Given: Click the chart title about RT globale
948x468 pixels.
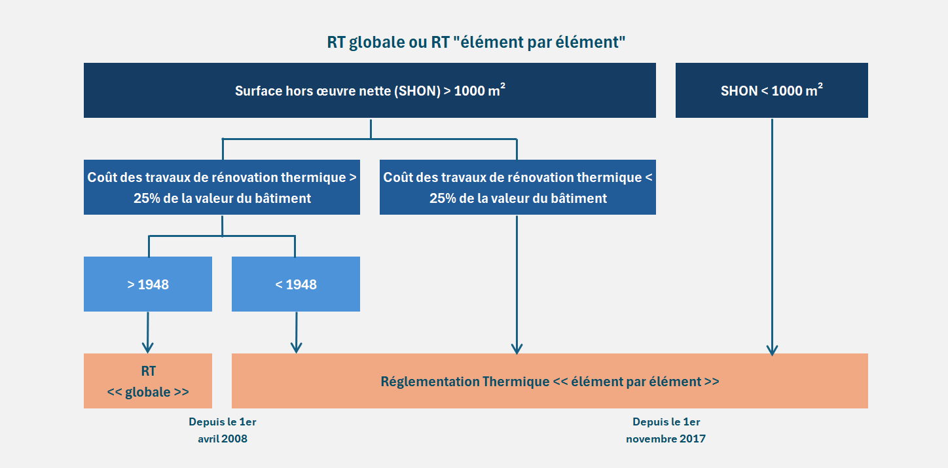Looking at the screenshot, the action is pos(476,43).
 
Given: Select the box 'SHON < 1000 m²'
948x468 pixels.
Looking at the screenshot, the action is pos(771,90).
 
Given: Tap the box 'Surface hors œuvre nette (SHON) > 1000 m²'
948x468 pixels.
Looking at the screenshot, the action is pos(370,90).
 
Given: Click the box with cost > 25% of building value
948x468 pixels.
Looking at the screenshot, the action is pos(222,187).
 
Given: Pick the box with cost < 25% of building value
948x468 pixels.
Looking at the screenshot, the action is pos(518,187).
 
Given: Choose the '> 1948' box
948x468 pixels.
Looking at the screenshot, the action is pos(148,284).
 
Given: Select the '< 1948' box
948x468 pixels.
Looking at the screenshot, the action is pos(296,284).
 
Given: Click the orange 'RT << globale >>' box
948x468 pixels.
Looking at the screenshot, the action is pos(148,381).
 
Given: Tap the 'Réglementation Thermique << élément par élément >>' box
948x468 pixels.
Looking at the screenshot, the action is pos(550,381).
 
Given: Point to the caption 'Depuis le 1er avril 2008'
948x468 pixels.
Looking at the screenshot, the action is pos(222,430).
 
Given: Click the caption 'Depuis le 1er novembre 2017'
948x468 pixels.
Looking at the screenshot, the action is pos(666,430).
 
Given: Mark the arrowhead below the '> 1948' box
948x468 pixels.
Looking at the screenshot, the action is pos(148,348).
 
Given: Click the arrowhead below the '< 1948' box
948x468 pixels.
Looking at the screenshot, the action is pos(296,348).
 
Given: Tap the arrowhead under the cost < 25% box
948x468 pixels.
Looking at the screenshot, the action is pos(517,349).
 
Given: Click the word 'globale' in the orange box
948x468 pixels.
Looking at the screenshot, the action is pos(148,392).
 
